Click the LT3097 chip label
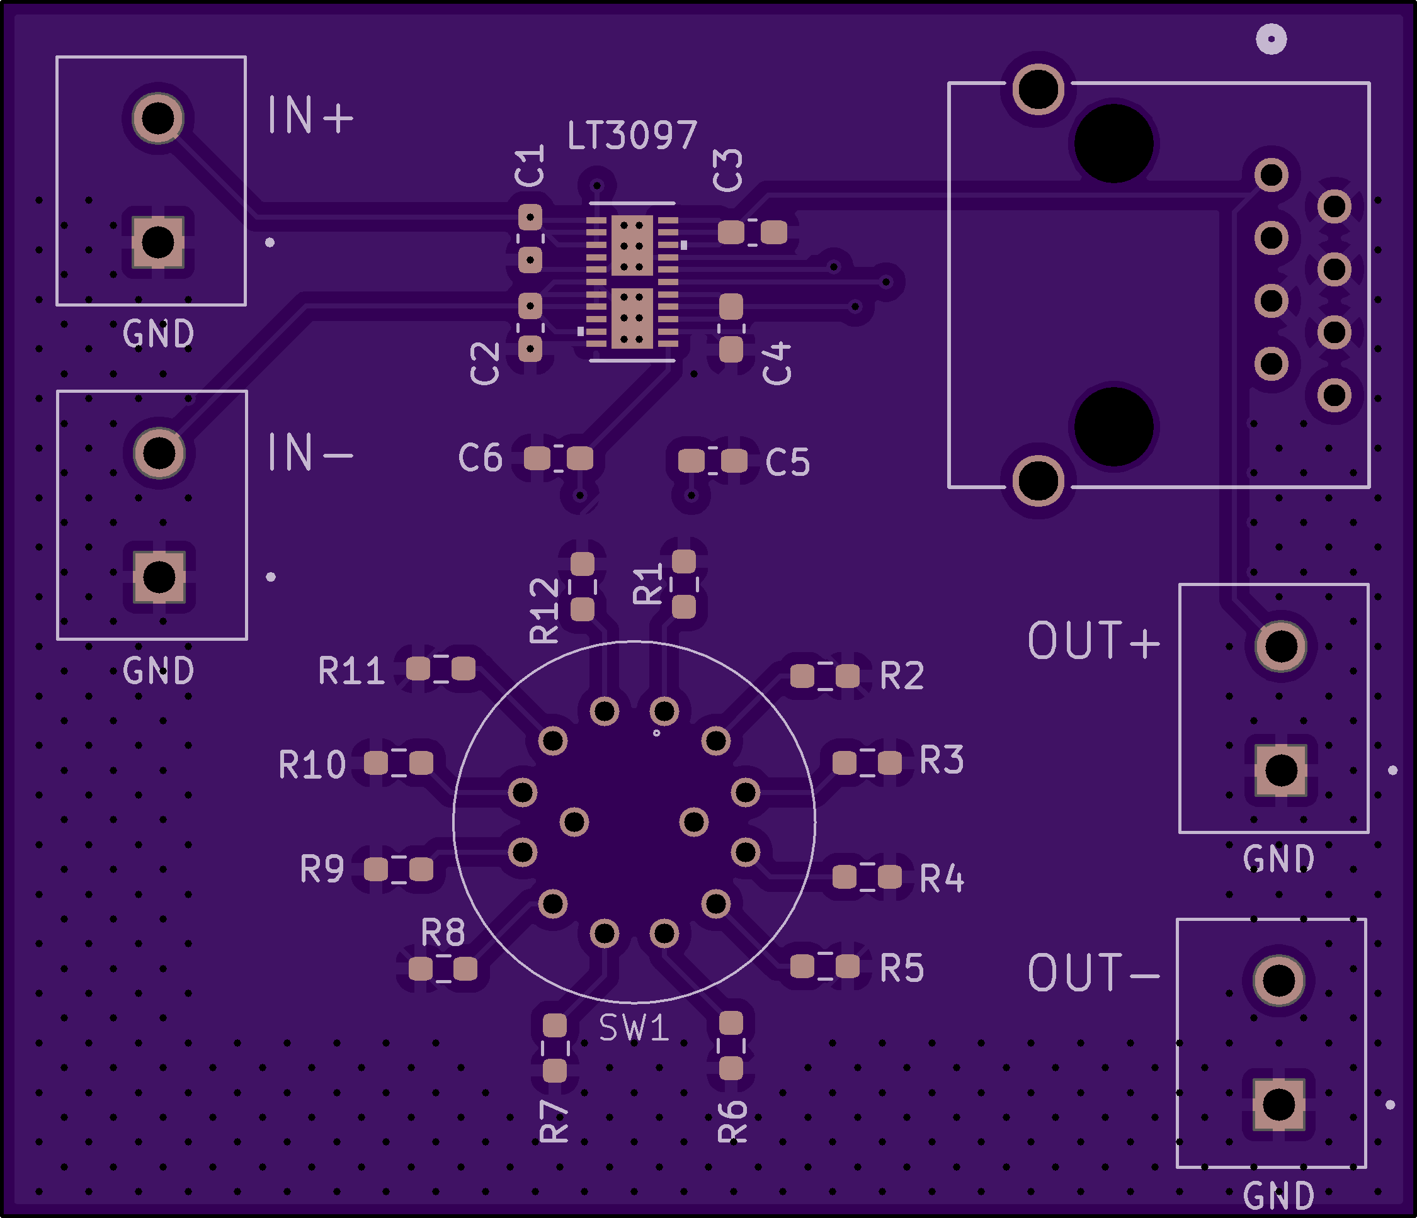[632, 135]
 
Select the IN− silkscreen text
[310, 452]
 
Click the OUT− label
[1094, 973]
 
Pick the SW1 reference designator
[634, 1027]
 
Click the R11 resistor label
[351, 670]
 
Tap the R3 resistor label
[942, 760]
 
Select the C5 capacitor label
[788, 462]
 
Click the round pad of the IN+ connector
[158, 118]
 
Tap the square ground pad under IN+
[158, 242]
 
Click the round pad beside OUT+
[1281, 646]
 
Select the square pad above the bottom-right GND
[1279, 1105]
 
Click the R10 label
[312, 765]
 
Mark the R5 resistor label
[902, 968]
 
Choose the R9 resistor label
[322, 869]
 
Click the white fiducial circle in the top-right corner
[1272, 39]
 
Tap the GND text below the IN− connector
[159, 670]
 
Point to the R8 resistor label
[443, 932]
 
